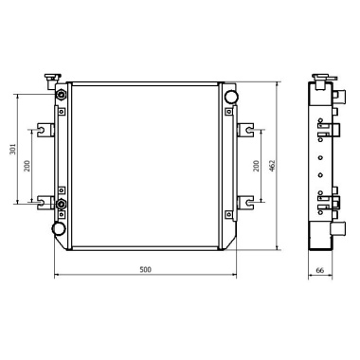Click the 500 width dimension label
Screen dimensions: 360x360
145,270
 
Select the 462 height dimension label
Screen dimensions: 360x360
271,165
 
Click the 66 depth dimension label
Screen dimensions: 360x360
320,270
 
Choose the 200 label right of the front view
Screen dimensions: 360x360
256,165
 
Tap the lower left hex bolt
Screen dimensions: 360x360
62,204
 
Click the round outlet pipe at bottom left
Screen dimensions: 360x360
59,228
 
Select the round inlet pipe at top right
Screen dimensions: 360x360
230,96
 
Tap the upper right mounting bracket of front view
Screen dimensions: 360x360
243,129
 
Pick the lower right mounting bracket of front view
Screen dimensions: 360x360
243,200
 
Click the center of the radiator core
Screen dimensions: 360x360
145,166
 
